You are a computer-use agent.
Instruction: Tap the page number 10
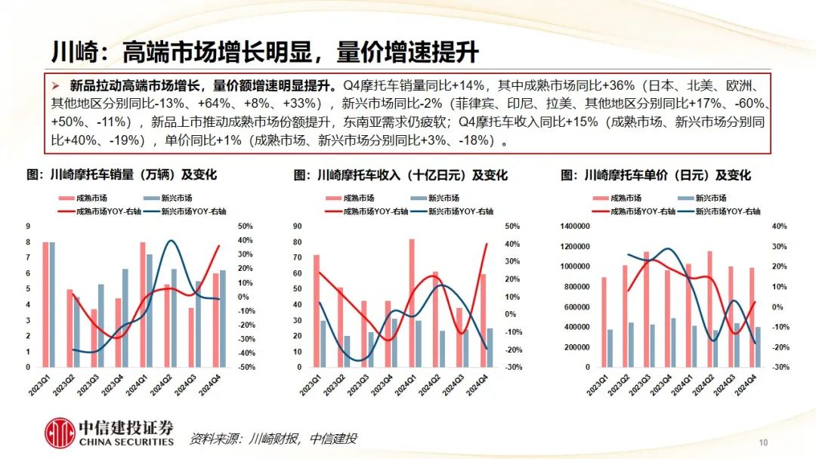(763, 442)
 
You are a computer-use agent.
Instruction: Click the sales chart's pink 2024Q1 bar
(143, 304)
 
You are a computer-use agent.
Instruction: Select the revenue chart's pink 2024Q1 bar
(412, 303)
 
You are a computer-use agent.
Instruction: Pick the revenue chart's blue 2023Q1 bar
(323, 343)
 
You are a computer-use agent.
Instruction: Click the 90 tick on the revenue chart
(298, 226)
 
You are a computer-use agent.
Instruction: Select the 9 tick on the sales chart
(28, 226)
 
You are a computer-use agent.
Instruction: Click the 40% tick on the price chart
(780, 226)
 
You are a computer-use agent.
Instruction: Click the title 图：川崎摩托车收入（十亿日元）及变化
(400, 175)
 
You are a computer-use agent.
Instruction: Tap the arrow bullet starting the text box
(54, 85)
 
